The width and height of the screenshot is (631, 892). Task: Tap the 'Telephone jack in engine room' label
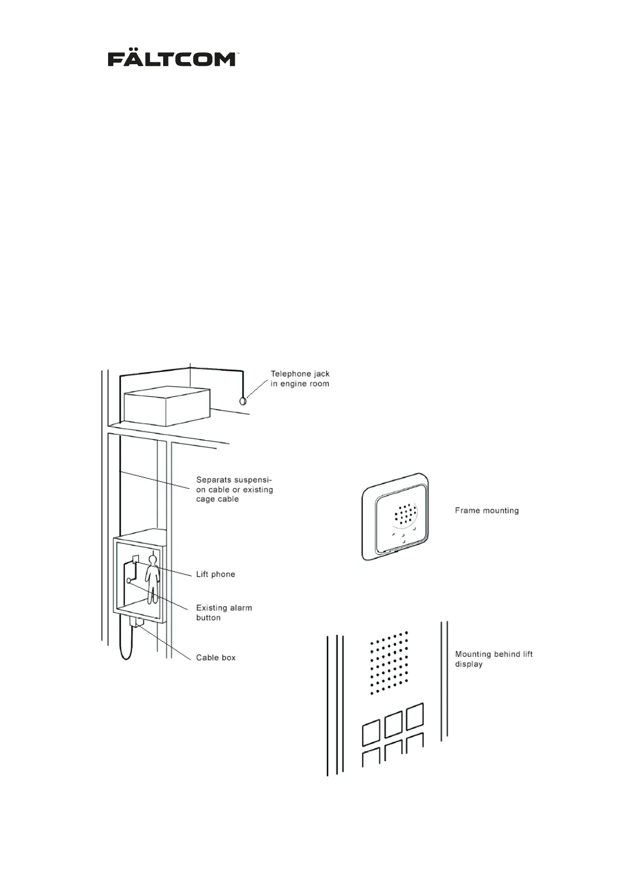(x=300, y=379)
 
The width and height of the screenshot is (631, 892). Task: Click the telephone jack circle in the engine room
(x=243, y=401)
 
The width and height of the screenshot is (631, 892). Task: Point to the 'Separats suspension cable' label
(x=234, y=489)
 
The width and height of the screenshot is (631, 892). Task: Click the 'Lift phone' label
(x=215, y=574)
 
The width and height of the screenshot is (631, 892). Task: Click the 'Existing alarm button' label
(x=224, y=612)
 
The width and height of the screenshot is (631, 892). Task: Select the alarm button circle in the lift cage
(x=129, y=581)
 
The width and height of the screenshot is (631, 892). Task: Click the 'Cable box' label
(x=216, y=657)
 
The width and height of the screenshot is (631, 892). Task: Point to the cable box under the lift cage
(x=136, y=622)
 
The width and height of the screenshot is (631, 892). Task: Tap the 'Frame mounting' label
(x=486, y=511)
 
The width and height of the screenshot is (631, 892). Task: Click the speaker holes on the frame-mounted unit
(x=405, y=514)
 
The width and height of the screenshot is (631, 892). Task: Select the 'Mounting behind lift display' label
(x=493, y=659)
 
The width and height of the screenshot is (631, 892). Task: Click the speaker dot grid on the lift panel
(x=389, y=663)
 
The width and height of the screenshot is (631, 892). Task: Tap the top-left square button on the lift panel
(x=371, y=734)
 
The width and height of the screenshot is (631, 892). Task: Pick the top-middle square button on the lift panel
(x=393, y=725)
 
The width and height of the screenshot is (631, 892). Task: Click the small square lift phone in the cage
(x=136, y=558)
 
